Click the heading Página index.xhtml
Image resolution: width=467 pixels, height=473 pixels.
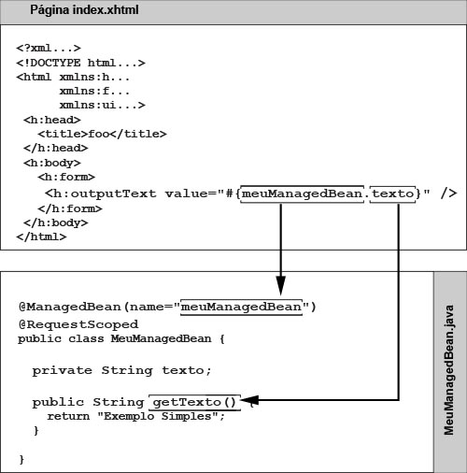pyautogui.click(x=84, y=10)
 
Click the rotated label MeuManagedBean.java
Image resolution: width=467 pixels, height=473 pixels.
pyautogui.click(x=449, y=370)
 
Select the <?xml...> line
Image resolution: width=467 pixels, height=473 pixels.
pyautogui.click(x=49, y=49)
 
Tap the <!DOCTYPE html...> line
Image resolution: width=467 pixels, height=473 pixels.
pyautogui.click(x=80, y=63)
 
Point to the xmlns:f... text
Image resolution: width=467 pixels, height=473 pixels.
pyautogui.click(x=94, y=91)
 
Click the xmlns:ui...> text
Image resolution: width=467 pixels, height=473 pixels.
pyautogui.click(x=103, y=105)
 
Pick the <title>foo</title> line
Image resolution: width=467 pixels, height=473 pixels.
pyautogui.click(x=102, y=134)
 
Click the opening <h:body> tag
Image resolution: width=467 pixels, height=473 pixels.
pyautogui.click(x=52, y=163)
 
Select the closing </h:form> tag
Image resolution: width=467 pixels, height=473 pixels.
pyautogui.click(x=70, y=208)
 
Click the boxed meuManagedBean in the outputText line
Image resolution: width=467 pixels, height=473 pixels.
pyautogui.click(x=303, y=193)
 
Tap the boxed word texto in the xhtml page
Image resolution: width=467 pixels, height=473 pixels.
pyautogui.click(x=392, y=193)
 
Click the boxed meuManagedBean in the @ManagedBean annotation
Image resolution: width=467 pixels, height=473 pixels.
pyautogui.click(x=241, y=307)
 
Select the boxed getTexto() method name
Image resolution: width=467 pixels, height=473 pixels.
pyautogui.click(x=195, y=402)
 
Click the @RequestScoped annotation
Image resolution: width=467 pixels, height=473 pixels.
pyautogui.click(x=78, y=324)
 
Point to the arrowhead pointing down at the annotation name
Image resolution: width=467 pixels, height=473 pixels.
pyautogui.click(x=281, y=285)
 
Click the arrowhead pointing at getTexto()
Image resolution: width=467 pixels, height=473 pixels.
pyautogui.click(x=250, y=400)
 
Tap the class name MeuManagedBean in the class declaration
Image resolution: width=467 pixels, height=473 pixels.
pyautogui.click(x=161, y=338)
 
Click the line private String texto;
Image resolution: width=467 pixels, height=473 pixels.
pyautogui.click(x=122, y=371)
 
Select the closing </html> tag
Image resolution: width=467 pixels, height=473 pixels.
pyautogui.click(x=41, y=236)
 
